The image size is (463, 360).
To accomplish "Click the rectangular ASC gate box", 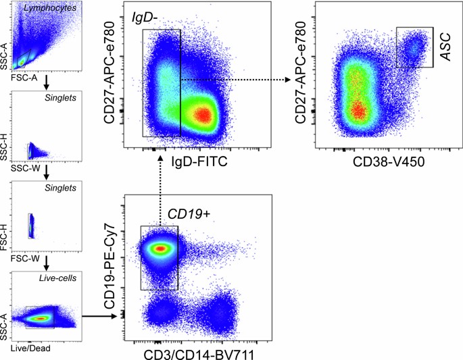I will tap(414, 47).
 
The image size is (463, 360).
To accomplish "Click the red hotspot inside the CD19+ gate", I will tap(160, 249).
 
